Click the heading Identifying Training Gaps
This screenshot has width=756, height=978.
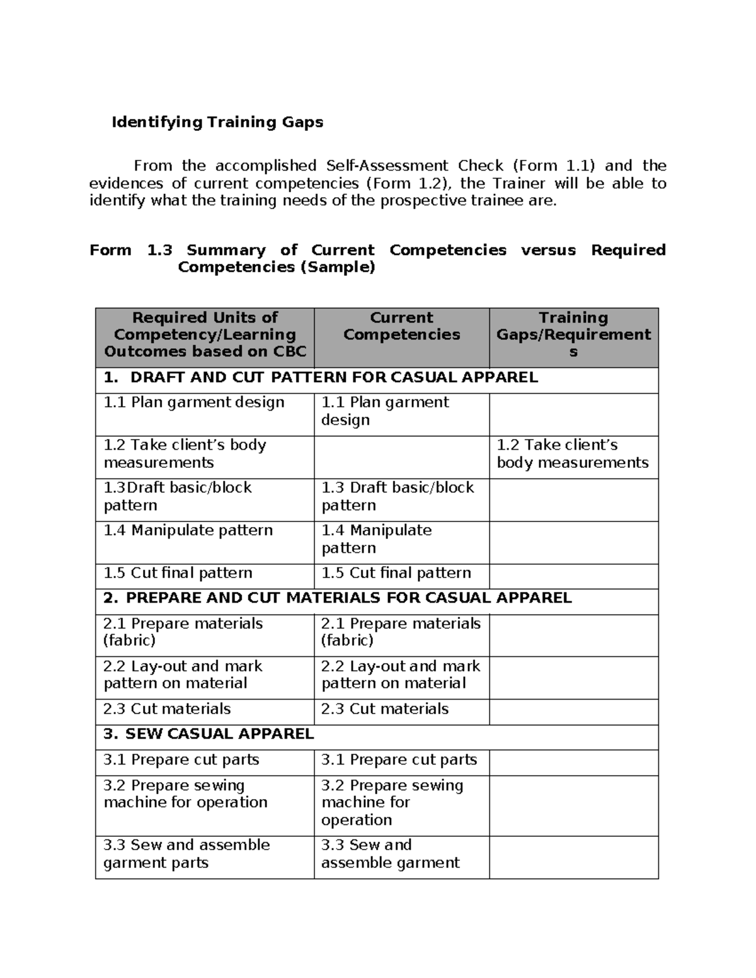coord(217,122)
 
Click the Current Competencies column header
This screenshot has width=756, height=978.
coord(401,326)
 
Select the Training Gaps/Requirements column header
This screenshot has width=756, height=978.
coord(573,334)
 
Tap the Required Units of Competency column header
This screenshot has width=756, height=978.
coord(205,334)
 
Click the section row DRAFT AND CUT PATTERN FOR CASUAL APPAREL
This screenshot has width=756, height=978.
coord(321,378)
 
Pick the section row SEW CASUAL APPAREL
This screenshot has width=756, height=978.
coord(209,734)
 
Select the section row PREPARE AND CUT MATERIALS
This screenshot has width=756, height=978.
coord(337,598)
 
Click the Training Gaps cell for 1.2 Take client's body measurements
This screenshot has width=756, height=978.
coord(572,454)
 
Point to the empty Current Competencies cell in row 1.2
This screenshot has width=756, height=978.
coord(401,457)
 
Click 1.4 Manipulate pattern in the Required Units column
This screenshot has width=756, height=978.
coord(188,530)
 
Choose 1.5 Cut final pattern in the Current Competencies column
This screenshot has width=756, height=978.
coord(396,573)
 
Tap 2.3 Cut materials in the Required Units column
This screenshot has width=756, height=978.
coord(167,709)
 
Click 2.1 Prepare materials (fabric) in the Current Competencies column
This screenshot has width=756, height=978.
coord(400,632)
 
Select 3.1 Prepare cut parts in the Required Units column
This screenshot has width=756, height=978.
coord(181,760)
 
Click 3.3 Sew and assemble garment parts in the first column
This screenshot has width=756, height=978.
coord(186,853)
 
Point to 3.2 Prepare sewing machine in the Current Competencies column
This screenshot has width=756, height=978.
coord(392,802)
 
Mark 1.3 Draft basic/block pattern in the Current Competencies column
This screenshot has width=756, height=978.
coord(397,496)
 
